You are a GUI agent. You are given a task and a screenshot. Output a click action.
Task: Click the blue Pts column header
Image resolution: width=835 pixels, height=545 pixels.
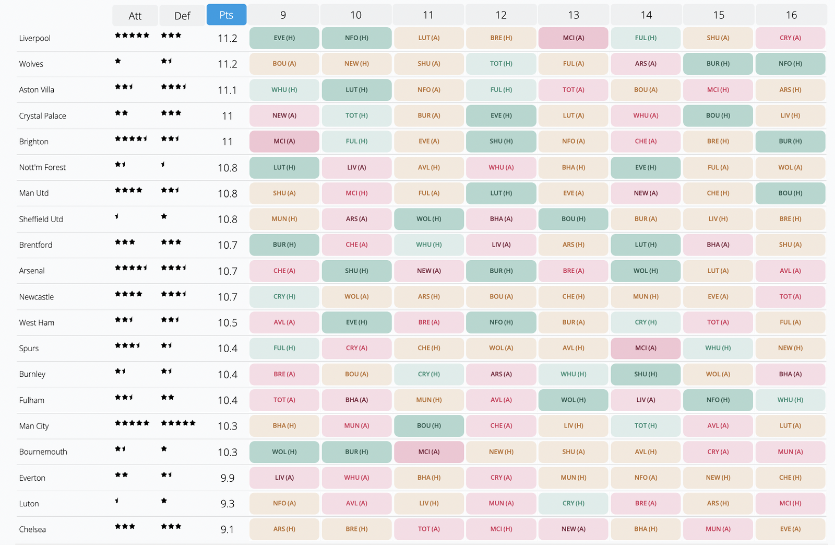(x=226, y=15)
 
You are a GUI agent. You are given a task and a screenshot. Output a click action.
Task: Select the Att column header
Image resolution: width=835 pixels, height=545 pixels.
(x=135, y=16)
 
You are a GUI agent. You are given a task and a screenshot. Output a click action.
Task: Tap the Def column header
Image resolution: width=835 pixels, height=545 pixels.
(x=182, y=16)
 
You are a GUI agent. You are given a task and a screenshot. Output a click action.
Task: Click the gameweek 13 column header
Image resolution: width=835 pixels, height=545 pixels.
(x=574, y=15)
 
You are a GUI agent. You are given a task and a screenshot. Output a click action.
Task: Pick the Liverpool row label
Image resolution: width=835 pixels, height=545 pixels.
(x=35, y=38)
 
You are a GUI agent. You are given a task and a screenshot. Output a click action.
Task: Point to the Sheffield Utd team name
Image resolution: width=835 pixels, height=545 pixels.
(x=41, y=219)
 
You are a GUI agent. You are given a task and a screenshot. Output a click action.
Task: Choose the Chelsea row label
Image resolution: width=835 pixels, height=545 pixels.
(x=32, y=529)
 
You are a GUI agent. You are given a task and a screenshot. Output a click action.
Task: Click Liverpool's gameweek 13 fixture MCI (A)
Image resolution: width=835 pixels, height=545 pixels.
(x=574, y=38)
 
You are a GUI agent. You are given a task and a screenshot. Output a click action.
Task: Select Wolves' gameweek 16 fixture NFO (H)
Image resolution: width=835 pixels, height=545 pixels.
(x=791, y=64)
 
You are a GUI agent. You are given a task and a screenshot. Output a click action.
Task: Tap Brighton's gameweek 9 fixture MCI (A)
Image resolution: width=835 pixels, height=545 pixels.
(x=284, y=142)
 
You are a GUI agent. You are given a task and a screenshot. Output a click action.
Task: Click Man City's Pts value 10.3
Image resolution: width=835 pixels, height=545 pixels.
(x=228, y=426)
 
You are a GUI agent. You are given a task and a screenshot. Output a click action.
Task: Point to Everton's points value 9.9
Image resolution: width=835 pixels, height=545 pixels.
(x=228, y=478)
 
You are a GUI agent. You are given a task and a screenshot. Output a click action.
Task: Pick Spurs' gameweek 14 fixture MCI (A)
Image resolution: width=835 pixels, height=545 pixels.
(x=646, y=348)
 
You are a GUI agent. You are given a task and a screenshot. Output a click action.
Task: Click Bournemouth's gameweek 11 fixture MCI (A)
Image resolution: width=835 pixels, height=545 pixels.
(x=429, y=452)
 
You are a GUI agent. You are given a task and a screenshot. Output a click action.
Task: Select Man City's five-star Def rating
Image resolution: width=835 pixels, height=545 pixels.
(x=178, y=423)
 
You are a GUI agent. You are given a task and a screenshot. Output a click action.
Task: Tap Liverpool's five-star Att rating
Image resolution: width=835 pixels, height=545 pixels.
(x=132, y=36)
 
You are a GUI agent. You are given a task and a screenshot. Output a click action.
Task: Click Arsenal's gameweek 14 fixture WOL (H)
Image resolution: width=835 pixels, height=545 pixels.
(x=646, y=271)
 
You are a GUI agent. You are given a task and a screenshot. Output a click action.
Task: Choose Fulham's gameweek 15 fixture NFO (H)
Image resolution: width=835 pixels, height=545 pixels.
(x=718, y=400)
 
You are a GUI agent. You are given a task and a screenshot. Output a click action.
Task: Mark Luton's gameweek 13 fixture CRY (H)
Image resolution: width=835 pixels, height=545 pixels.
(x=574, y=503)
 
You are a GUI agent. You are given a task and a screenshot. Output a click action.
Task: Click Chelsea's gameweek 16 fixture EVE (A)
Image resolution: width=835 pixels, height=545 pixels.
(x=791, y=529)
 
